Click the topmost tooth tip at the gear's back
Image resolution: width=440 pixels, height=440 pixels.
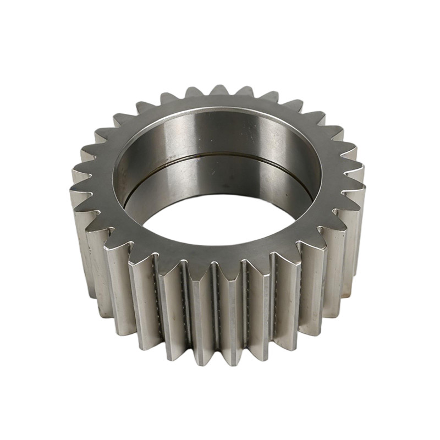[219, 88]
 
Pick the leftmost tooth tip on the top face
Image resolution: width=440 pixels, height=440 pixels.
[73, 190]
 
